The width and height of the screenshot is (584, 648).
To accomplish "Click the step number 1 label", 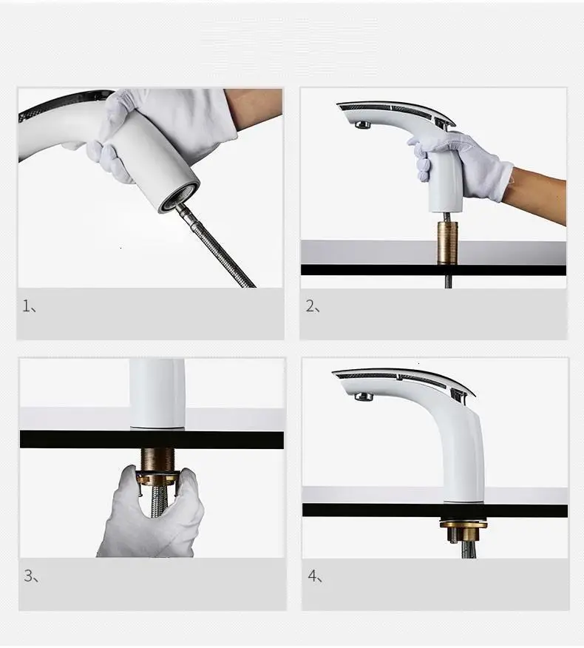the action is tap(29, 306).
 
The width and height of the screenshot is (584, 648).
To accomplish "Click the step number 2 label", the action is tap(313, 306).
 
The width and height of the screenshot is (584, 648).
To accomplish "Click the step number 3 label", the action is tap(31, 576).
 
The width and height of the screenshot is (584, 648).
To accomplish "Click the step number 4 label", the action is tap(315, 576).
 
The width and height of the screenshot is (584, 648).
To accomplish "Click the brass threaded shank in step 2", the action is tap(448, 243).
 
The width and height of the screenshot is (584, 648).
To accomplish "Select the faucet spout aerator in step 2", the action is tap(363, 125).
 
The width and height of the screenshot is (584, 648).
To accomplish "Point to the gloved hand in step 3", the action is tap(151, 516).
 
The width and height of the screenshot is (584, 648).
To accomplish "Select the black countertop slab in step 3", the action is tap(152, 439).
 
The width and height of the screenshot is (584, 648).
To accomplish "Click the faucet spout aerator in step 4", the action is tap(364, 396).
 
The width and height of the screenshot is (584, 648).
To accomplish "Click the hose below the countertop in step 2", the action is tap(448, 282).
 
